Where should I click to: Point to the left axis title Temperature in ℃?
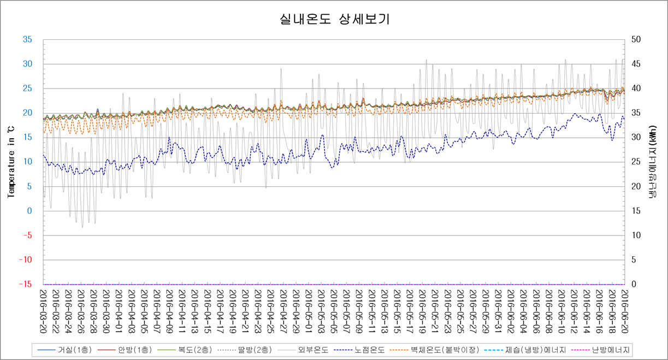tap(10, 162)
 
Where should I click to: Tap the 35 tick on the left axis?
tap(27, 40)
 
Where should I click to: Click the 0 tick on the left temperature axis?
tap(30, 211)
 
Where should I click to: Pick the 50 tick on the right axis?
tap(635, 40)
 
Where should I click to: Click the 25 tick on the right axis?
tap(635, 162)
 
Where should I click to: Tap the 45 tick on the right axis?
tap(635, 64)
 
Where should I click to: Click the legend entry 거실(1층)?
tap(70, 349)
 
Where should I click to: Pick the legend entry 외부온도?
tap(313, 349)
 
